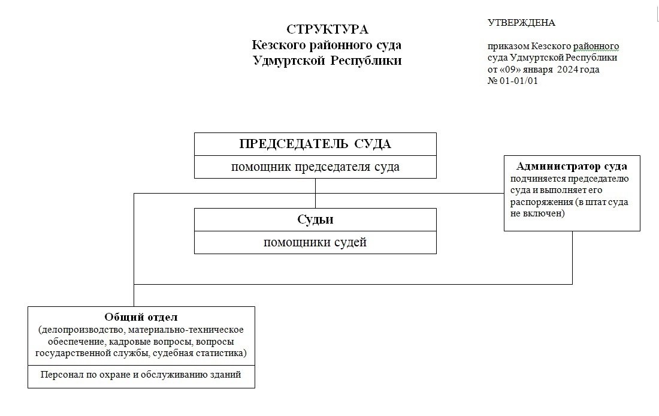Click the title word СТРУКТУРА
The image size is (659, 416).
[x=327, y=29]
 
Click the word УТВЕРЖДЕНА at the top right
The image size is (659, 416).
[x=521, y=23]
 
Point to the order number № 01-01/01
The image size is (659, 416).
[x=513, y=81]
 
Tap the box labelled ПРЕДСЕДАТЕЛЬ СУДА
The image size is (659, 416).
[x=315, y=144]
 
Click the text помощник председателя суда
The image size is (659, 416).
[x=315, y=167]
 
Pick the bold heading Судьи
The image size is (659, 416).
[x=315, y=219]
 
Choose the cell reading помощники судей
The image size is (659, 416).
[x=315, y=243]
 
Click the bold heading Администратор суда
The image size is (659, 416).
[x=572, y=166]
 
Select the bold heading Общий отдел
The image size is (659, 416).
[x=141, y=317]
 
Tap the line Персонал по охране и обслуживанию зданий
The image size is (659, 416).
[x=141, y=375]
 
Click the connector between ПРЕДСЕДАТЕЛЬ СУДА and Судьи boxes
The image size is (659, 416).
[x=315, y=193]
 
